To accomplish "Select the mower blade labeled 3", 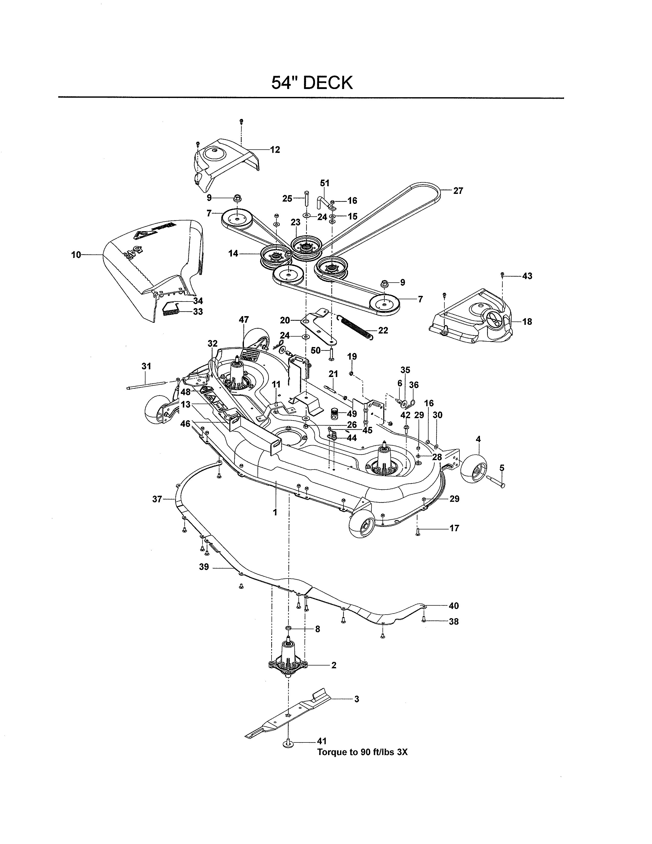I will point(288,717).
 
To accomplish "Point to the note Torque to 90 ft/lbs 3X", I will point(362,752).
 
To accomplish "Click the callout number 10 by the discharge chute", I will point(76,255).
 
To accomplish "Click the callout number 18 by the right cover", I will point(527,321).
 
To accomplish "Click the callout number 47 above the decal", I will point(244,320).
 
